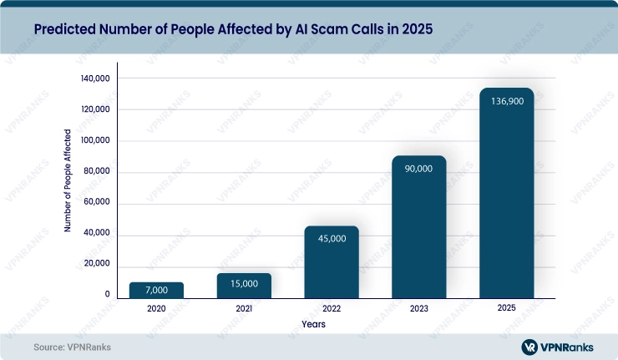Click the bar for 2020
[156, 290]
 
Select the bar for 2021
[244, 285]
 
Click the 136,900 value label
[507, 100]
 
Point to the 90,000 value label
[419, 169]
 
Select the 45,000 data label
[332, 238]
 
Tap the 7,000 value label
[156, 290]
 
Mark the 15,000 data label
[244, 284]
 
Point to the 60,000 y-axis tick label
[96, 203]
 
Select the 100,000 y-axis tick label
[94, 141]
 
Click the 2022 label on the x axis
[332, 309]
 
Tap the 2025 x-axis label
[507, 309]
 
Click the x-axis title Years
[314, 323]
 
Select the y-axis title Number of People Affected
[68, 180]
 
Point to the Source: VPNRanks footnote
[73, 347]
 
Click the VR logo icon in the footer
[529, 347]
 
